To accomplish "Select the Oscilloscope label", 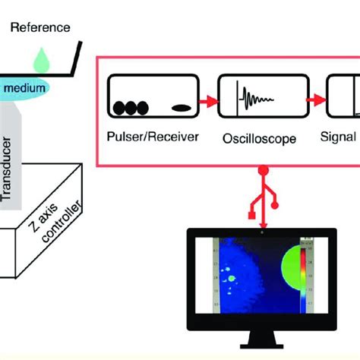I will [248, 138].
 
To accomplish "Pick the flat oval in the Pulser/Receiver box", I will [180, 108].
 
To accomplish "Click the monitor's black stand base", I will [263, 350].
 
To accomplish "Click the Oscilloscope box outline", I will [248, 76].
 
